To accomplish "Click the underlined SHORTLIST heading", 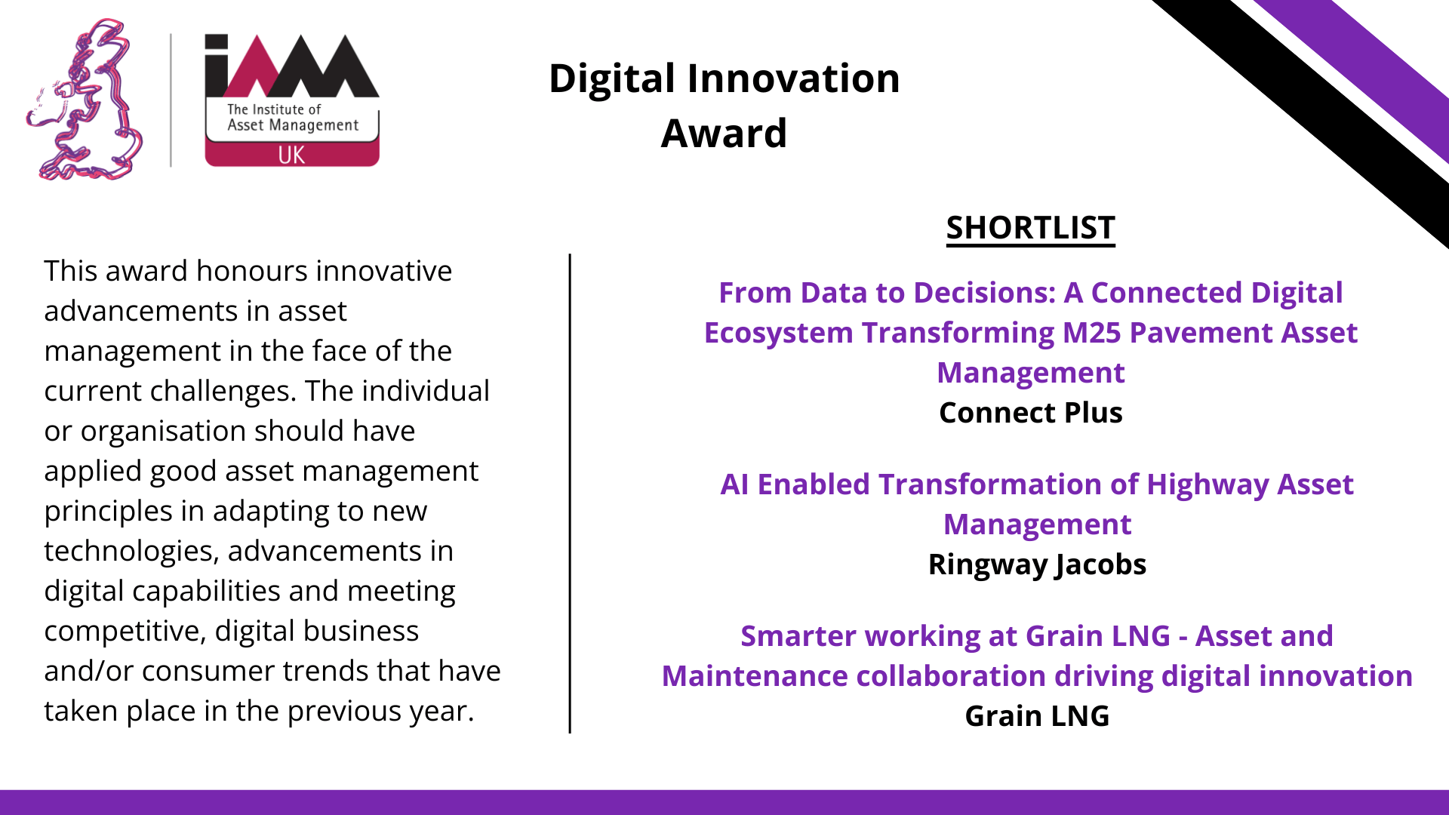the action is [1031, 228].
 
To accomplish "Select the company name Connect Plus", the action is [1031, 413].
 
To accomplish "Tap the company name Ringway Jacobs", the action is [1037, 564].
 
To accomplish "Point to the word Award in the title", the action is [724, 134].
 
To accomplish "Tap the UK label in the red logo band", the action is [291, 155].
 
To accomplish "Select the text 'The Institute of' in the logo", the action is [274, 109].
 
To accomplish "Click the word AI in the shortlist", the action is [734, 484].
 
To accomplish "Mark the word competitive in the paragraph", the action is [125, 632].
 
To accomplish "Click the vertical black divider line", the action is [570, 494].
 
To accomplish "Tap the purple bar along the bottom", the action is [724, 802].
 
